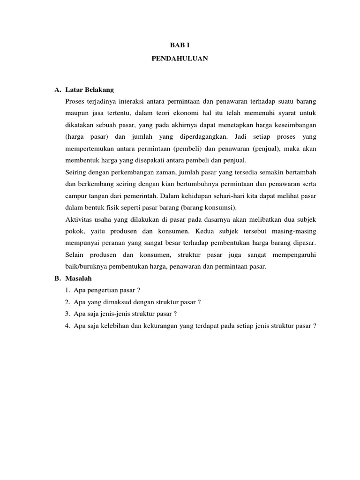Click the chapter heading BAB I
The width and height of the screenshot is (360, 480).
coord(180,45)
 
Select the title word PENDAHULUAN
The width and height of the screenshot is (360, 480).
coord(180,60)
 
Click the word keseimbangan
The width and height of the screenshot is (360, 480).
coord(294,125)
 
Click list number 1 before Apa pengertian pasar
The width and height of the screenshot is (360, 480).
coord(68,290)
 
